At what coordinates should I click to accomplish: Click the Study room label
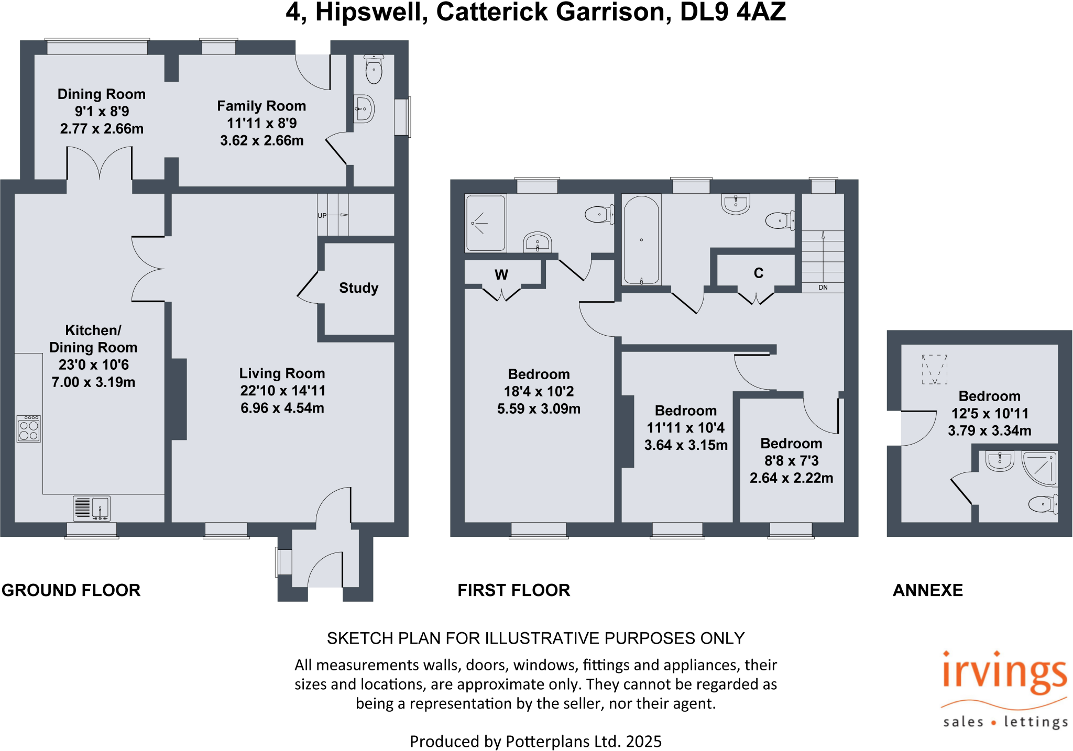(358, 288)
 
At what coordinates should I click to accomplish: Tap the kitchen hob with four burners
(29, 429)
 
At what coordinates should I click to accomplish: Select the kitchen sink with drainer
(92, 507)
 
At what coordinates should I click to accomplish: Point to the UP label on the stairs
(322, 215)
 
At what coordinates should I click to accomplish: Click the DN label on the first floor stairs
(823, 288)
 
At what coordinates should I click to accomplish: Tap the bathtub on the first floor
(641, 240)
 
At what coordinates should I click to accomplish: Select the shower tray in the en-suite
(486, 223)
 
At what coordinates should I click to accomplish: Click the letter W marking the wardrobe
(501, 275)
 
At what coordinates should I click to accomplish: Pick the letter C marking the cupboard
(759, 273)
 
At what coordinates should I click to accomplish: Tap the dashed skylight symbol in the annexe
(935, 369)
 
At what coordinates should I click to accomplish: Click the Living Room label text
(282, 373)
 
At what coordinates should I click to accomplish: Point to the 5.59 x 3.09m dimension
(539, 408)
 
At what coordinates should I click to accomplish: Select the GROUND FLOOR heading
(71, 590)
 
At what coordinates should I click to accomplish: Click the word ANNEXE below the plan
(927, 590)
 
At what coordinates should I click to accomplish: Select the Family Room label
(261, 106)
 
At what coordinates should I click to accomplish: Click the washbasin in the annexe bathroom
(1000, 461)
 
